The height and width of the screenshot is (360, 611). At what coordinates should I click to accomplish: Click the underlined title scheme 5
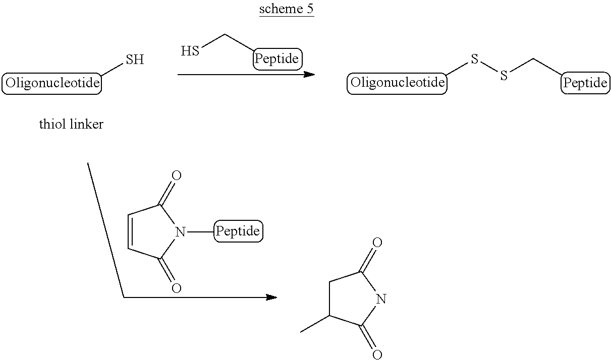point(287,9)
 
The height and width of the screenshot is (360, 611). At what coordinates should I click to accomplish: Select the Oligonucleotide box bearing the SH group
point(52,83)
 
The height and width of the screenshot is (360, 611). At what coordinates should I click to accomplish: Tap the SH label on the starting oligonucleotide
point(135,59)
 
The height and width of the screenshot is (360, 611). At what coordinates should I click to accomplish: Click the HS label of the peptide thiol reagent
point(190,51)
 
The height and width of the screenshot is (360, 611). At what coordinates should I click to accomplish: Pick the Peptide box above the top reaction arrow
point(277,59)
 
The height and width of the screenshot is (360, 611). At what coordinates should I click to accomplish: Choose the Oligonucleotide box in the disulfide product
point(397,83)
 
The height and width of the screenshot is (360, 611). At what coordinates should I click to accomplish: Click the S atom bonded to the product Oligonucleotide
point(475,59)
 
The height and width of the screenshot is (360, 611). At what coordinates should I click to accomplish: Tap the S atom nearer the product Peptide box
point(504,76)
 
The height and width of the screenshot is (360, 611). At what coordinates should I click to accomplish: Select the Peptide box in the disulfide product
point(585,83)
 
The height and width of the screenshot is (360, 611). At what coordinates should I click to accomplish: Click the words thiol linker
point(72,124)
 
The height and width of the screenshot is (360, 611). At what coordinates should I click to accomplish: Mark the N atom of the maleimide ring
point(180,232)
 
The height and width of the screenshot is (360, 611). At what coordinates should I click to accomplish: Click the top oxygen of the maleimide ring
point(177,175)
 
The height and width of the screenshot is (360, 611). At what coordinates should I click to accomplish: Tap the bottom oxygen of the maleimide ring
point(177,288)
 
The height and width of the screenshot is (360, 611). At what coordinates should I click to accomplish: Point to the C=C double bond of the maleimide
point(130,232)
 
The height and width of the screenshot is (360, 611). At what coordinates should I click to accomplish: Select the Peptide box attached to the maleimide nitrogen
point(239,231)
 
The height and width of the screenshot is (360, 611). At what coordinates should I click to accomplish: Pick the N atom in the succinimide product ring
point(381,299)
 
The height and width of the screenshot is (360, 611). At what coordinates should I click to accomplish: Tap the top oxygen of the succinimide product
point(377,243)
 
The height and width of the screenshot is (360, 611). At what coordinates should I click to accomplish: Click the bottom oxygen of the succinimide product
point(377,355)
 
